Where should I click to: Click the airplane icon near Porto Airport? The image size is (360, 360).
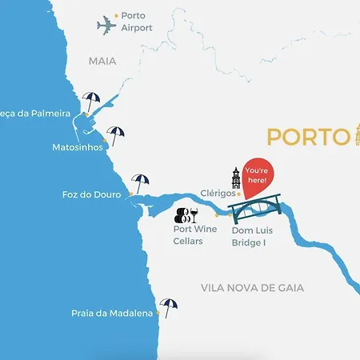pos(106,26)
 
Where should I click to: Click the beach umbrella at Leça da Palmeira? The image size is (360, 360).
pos(92,102)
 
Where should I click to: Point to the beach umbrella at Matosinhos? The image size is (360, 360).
pos(116,135)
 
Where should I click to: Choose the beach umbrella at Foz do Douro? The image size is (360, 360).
pos(141,182)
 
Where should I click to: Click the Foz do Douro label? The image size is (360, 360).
pos(91,194)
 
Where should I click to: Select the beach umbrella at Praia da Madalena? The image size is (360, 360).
pos(169,306)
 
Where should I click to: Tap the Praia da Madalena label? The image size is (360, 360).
pos(112,314)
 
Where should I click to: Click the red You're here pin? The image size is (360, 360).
pos(257,174)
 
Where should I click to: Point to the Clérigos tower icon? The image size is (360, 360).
pos(236,178)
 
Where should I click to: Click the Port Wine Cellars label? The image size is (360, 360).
pos(194,235)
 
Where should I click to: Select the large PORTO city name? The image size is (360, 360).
pos(304,137)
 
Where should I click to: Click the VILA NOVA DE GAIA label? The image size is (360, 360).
pos(263,287)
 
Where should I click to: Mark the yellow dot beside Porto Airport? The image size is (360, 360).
pos(116,15)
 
